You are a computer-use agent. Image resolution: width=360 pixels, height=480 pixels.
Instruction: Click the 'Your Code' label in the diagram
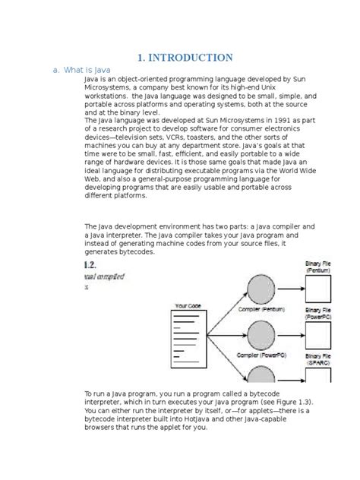(189, 305)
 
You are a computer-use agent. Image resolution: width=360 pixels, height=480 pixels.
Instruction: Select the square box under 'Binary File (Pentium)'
(317, 289)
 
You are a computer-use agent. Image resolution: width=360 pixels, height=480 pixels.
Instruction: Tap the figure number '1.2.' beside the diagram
(88, 264)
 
